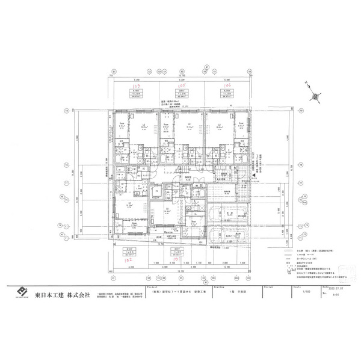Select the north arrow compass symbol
point(315,96)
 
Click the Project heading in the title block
point(150,287)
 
